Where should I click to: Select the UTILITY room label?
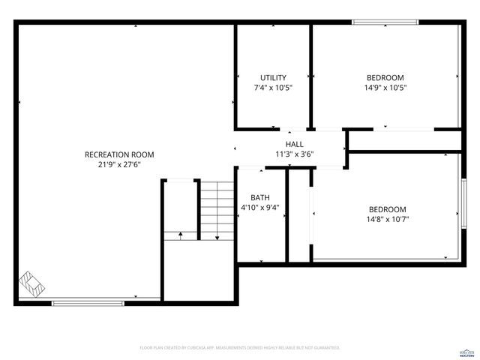pyautogui.click(x=273, y=77)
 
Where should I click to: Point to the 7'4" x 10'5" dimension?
pyautogui.click(x=273, y=88)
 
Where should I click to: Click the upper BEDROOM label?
pyautogui.click(x=385, y=77)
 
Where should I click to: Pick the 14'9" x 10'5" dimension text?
pyautogui.click(x=385, y=88)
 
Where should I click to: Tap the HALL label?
pyautogui.click(x=294, y=144)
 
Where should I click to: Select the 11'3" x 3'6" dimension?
pyautogui.click(x=294, y=154)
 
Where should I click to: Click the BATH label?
pyautogui.click(x=260, y=197)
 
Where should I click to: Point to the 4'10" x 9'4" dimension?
pyautogui.click(x=260, y=208)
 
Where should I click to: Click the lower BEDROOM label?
pyautogui.click(x=387, y=209)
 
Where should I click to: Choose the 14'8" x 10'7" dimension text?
pyautogui.click(x=387, y=220)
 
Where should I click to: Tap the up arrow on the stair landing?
pyautogui.click(x=181, y=235)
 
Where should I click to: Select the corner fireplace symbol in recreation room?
pyautogui.click(x=32, y=285)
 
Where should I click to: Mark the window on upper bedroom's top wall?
pyautogui.click(x=381, y=22)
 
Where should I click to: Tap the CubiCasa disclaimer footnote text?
pyautogui.click(x=240, y=348)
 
